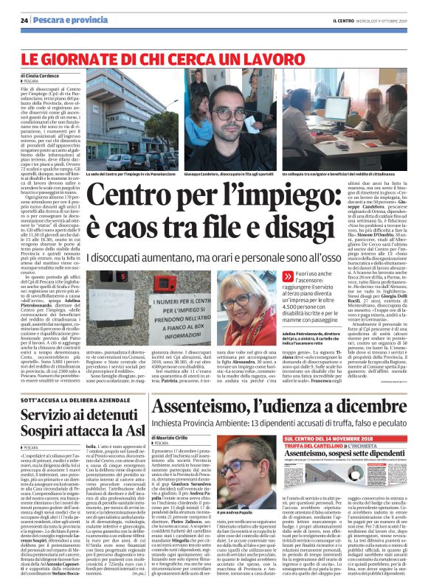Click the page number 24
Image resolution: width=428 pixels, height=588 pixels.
[x=24, y=20]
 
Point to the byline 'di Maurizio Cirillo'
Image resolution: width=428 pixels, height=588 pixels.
[x=175, y=438]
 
